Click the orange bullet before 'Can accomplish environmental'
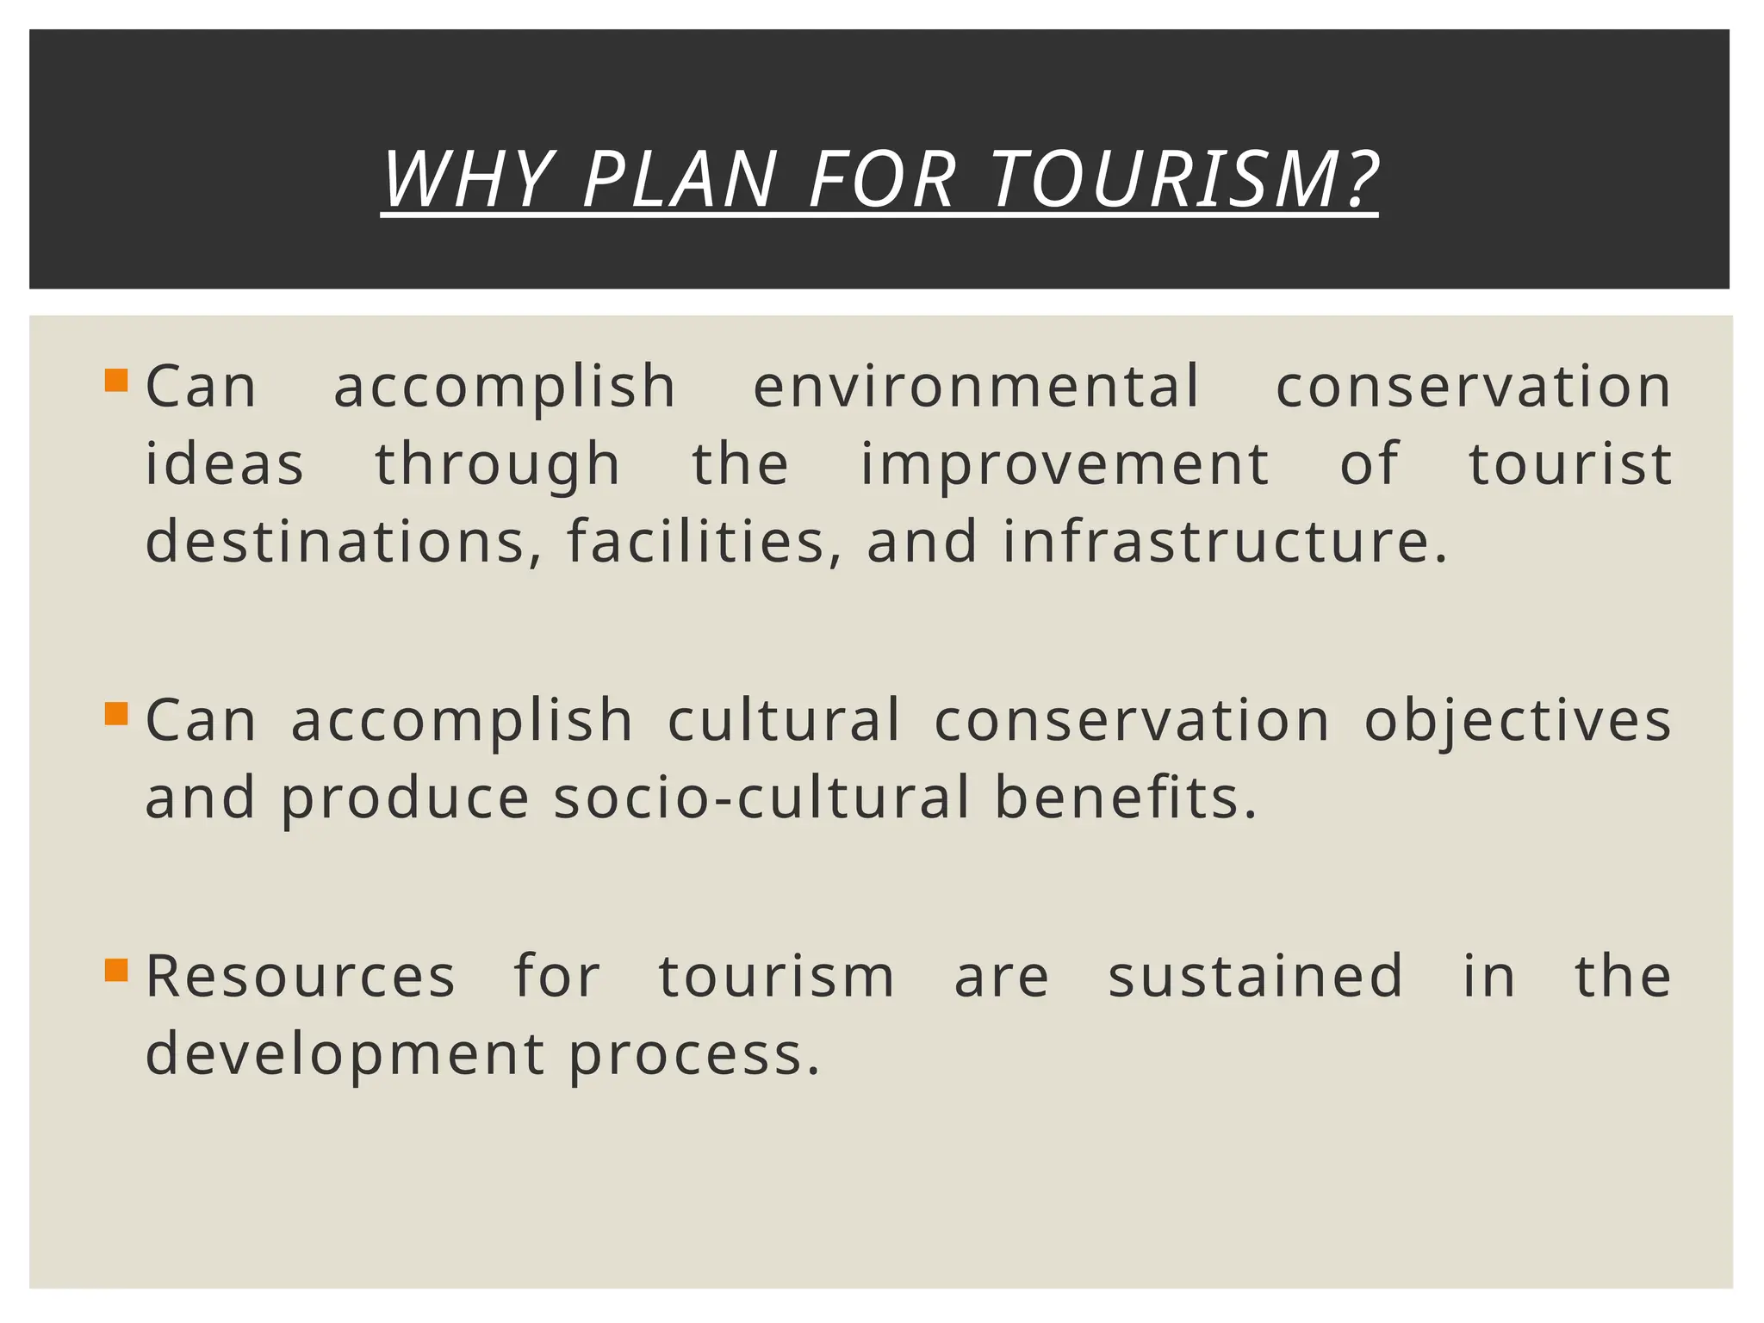[116, 381]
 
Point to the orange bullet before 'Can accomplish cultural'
[116, 714]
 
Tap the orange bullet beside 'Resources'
[116, 971]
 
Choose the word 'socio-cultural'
[762, 797]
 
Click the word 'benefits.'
[1126, 797]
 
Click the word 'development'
[345, 1054]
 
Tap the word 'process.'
[694, 1054]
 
